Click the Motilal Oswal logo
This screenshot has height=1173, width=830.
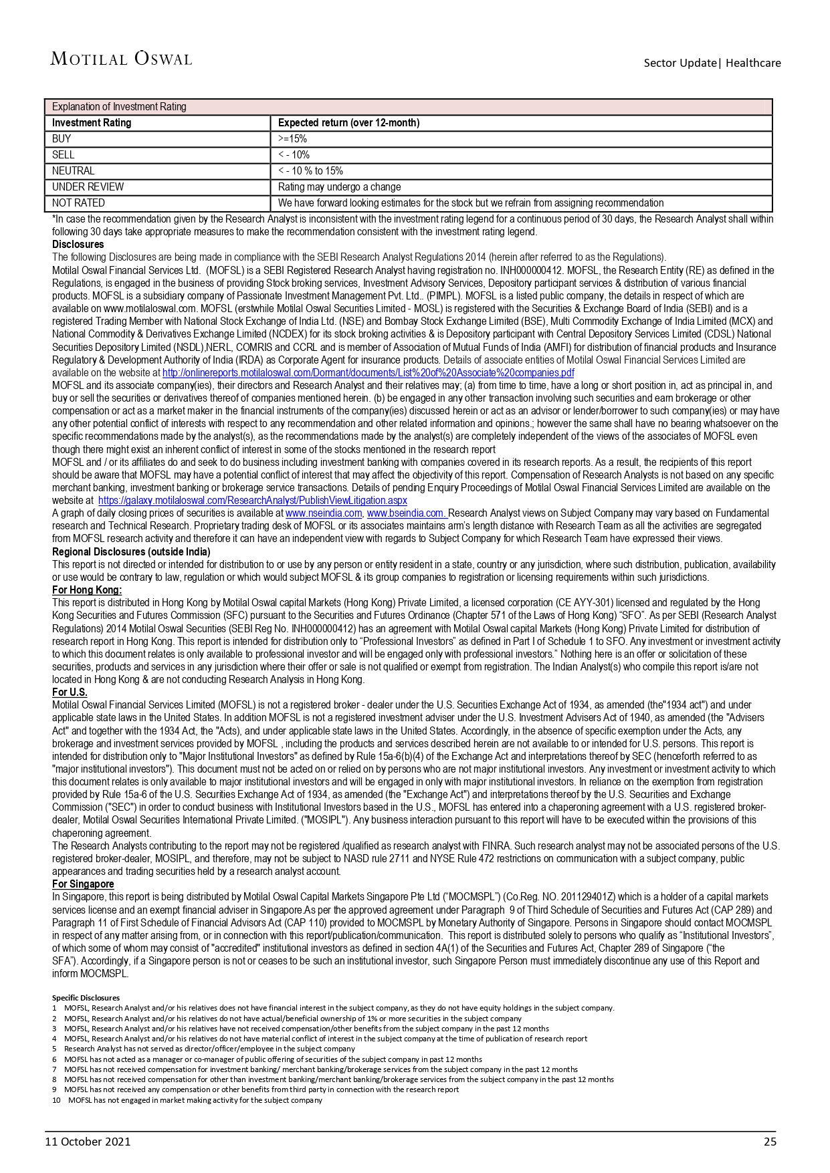[121, 59]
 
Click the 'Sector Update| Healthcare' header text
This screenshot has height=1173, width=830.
[712, 63]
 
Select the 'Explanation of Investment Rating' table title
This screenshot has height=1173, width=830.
[119, 107]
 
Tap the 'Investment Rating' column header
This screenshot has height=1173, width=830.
[92, 123]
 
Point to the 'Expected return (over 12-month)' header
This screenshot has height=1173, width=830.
[348, 123]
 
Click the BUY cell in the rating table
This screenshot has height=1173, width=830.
[62, 139]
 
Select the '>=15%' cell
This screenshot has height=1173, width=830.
[292, 139]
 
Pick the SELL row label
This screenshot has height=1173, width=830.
[64, 155]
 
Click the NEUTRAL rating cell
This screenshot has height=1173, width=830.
[74, 171]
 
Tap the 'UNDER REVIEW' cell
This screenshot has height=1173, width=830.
[88, 187]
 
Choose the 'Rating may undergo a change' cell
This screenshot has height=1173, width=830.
[339, 187]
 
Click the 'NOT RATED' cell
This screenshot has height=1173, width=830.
[78, 203]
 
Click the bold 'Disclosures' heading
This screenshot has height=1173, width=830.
[78, 245]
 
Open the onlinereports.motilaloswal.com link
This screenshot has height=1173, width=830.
[368, 373]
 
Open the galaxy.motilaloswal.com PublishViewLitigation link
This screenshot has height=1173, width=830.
[252, 501]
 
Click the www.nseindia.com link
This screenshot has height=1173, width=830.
[324, 513]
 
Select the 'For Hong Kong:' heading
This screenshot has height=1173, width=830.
[87, 590]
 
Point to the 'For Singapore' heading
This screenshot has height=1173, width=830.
[83, 884]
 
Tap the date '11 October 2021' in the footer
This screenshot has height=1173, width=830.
[88, 1142]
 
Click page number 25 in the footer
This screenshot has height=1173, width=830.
[770, 1142]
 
